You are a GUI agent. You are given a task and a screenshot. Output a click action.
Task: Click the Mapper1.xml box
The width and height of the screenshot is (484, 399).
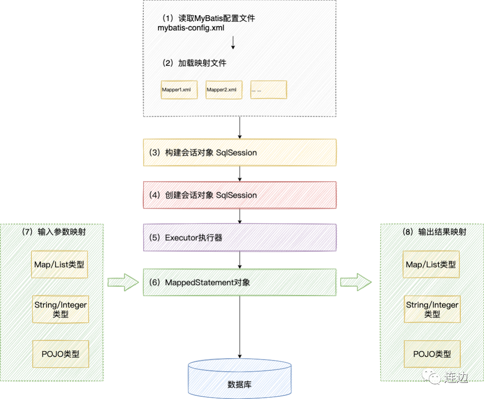pos(179,90)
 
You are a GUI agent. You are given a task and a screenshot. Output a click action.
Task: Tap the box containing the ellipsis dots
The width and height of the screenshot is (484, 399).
pos(268,90)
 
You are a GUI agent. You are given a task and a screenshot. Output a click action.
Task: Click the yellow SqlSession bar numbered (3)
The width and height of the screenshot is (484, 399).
pos(240,152)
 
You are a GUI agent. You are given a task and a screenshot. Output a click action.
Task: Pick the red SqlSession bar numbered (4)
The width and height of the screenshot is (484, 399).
pos(240,195)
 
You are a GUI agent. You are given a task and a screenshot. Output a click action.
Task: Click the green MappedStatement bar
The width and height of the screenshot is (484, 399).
pos(240,282)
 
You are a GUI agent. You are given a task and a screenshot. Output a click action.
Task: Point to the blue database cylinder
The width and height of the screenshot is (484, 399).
pos(240,379)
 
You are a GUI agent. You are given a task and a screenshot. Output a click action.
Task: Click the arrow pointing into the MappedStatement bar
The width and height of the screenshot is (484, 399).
pos(123,282)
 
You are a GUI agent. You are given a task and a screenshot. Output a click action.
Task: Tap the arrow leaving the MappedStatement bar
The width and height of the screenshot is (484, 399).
pos(356,282)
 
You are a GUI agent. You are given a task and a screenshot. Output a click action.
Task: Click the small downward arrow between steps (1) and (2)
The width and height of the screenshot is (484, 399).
pos(233,42)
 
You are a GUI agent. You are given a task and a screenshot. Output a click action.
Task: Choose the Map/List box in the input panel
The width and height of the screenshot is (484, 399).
pos(60,265)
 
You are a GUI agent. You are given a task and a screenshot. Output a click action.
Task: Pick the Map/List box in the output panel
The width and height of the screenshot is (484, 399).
pos(432,265)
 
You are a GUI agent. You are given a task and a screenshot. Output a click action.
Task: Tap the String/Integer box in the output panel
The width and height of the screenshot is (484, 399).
pos(432,309)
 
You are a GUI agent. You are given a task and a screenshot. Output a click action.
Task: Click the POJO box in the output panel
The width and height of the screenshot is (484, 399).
pos(432,354)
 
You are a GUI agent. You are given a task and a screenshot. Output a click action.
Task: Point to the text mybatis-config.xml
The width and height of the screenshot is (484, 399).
pos(190,28)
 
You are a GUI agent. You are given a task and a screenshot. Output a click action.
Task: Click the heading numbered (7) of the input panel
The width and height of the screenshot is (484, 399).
pos(54,232)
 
